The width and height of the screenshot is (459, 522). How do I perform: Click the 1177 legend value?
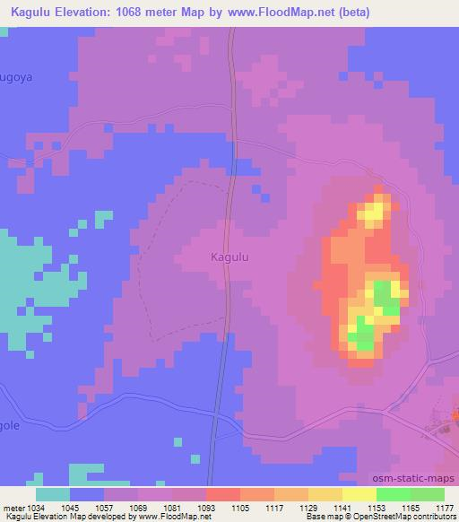coord(445,507)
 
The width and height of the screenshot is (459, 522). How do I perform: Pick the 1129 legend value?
coord(309,507)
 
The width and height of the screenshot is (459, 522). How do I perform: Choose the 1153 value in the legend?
coord(377,507)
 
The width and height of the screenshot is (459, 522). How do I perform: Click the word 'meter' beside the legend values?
coord(8,507)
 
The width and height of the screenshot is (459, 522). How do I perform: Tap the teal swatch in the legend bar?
coord(53,494)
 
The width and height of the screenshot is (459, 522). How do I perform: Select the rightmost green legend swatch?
coord(428,494)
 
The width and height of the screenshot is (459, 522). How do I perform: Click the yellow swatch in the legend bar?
coord(359,494)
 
